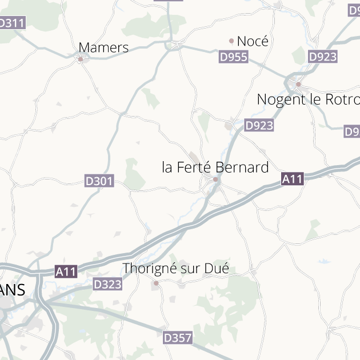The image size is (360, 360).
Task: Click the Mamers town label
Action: (x=103, y=47)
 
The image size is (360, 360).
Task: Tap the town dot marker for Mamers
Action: (x=81, y=59)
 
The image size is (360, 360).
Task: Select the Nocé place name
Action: (x=253, y=41)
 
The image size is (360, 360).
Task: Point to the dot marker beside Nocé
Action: (x=231, y=41)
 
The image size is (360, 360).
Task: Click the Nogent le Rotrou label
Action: (x=308, y=99)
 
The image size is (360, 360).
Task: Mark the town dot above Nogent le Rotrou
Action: (x=298, y=85)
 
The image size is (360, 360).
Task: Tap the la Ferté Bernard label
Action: (x=215, y=167)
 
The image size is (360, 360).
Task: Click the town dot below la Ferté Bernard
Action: (x=215, y=179)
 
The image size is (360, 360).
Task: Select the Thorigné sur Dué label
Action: (x=175, y=268)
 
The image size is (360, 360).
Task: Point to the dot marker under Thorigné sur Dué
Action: (x=156, y=282)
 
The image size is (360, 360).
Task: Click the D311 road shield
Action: (x=11, y=23)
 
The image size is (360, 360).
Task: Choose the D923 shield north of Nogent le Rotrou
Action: (x=323, y=57)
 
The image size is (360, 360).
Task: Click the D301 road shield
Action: (x=99, y=181)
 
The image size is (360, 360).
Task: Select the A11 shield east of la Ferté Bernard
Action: (x=292, y=179)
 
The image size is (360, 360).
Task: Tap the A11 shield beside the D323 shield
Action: (x=66, y=272)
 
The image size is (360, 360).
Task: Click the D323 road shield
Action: (x=107, y=283)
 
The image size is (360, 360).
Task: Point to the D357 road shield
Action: (x=178, y=338)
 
